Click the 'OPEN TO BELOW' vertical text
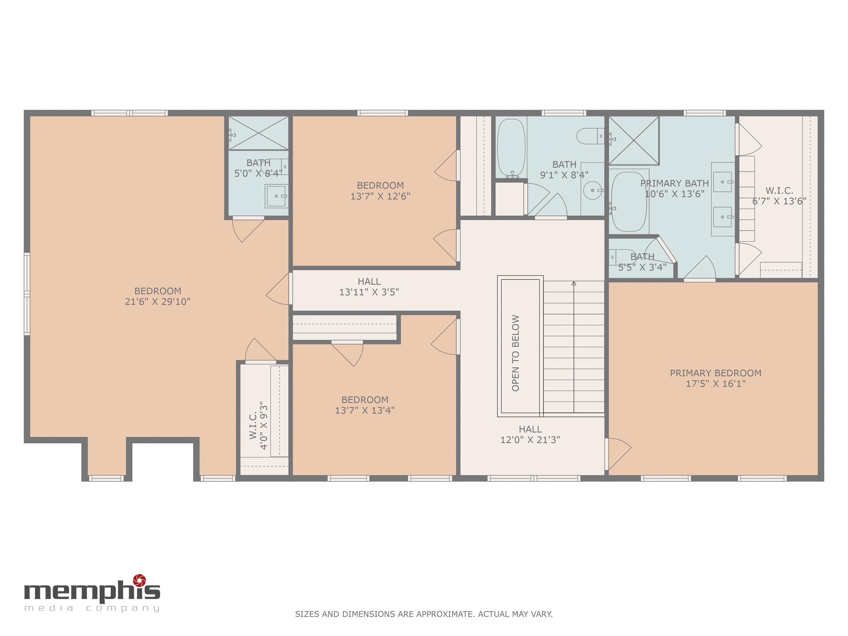point(516,353)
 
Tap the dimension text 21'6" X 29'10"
point(158,302)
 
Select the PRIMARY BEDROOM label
point(715,373)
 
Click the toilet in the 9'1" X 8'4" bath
point(589,136)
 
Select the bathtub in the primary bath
point(629,201)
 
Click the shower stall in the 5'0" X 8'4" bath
point(258,133)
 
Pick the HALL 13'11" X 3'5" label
point(369,287)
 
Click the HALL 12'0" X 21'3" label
point(530,434)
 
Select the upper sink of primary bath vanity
point(722,182)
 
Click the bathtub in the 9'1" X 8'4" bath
point(511,148)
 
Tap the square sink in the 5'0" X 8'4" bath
point(276,196)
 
